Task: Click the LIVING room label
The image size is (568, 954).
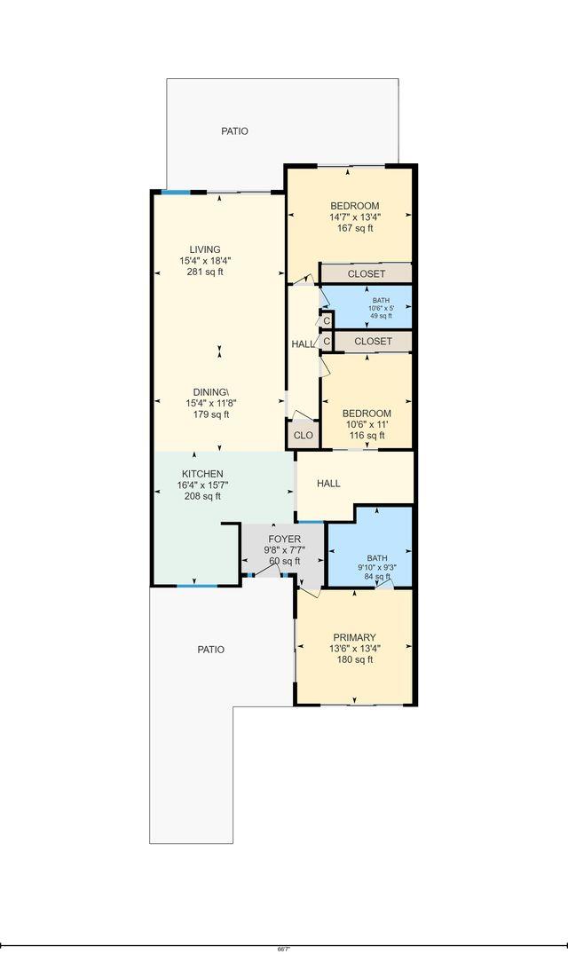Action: (204, 249)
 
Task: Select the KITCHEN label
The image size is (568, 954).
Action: (202, 474)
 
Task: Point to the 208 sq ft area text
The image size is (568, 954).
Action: (202, 496)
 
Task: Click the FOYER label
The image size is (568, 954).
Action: (284, 539)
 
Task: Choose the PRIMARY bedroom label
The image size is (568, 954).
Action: (354, 637)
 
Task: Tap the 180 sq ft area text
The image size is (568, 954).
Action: (354, 659)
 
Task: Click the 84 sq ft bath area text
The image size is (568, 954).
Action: (377, 577)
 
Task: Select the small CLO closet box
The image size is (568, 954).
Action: (303, 436)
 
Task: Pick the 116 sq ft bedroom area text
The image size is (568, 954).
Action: (367, 436)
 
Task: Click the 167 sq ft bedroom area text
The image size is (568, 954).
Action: (354, 228)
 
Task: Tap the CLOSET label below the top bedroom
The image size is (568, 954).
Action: (366, 274)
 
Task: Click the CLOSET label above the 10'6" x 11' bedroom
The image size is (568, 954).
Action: (373, 341)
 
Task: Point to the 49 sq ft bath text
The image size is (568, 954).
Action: (380, 316)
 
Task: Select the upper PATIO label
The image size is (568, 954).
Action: (234, 131)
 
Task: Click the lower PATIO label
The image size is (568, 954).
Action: (210, 650)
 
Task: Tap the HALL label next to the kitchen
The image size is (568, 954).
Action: (328, 484)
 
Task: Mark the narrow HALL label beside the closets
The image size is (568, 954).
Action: (302, 343)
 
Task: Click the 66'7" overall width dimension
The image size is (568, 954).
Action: (283, 949)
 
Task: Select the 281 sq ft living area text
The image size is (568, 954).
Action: (204, 272)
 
